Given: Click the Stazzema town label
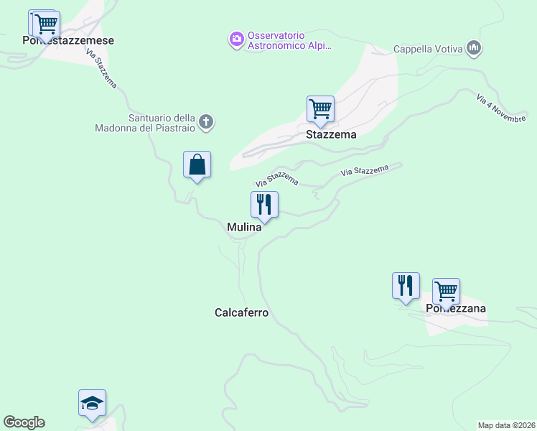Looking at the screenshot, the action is point(331,134).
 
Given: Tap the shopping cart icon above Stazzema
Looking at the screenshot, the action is point(320,109).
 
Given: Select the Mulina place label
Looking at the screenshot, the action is point(244,227).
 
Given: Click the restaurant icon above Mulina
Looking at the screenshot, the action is point(264,205).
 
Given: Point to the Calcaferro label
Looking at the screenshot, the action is point(241,312).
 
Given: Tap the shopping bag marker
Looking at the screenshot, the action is point(197,165).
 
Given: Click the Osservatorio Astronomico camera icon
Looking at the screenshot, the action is point(236,40).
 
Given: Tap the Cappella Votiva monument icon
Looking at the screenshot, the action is point(473,49).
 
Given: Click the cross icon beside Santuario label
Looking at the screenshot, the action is point(206,122).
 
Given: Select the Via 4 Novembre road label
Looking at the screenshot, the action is point(501,108).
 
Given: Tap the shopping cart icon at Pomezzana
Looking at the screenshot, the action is point(446,292).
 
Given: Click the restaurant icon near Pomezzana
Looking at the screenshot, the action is point(406,286).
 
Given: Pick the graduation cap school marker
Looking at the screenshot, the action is point(92,403).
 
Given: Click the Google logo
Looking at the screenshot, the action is point(24,422).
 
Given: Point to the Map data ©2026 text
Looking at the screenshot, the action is point(506,425).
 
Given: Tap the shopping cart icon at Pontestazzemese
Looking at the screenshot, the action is point(46,24).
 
